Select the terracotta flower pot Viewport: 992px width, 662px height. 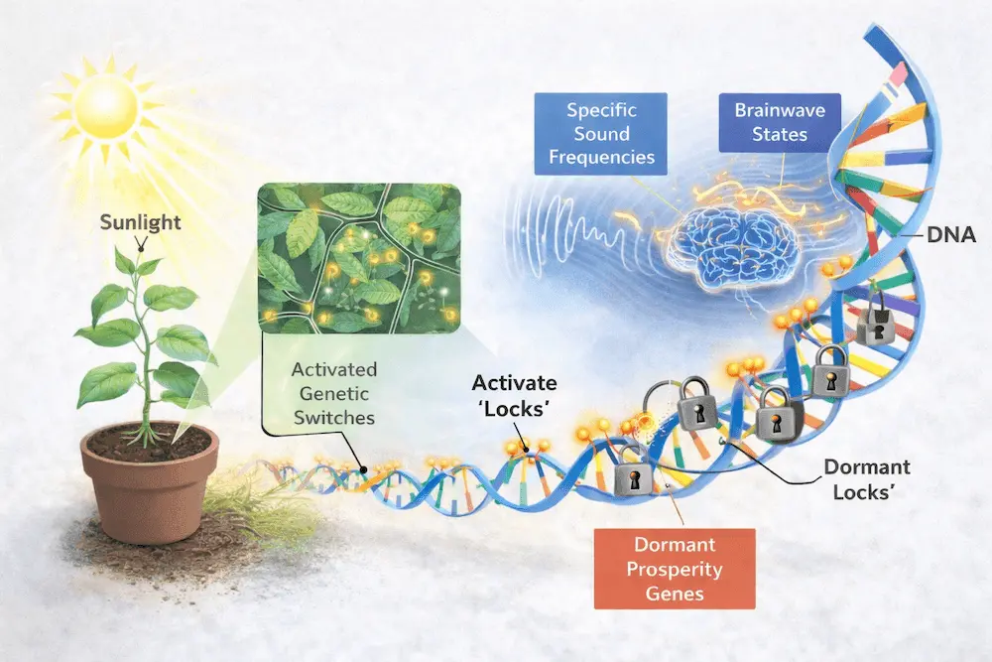[x=150, y=487]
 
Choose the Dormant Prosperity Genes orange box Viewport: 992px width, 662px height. [x=674, y=571]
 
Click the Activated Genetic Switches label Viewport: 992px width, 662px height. [x=334, y=393]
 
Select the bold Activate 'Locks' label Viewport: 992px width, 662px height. [x=514, y=396]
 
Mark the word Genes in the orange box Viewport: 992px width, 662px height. [x=674, y=595]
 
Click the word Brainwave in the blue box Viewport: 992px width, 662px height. [x=780, y=109]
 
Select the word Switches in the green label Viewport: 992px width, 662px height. [x=333, y=417]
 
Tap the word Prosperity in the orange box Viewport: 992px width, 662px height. [x=674, y=571]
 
